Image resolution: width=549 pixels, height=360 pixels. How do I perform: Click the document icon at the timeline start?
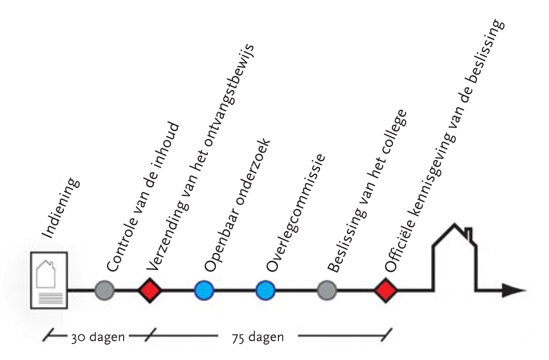[48, 280]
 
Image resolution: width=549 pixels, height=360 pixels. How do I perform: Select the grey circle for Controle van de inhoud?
[104, 291]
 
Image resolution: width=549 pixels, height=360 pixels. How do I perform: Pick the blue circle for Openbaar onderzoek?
[203, 291]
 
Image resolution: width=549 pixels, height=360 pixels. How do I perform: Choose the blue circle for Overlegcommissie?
[265, 291]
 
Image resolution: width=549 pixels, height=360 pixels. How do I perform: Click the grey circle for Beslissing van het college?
[326, 291]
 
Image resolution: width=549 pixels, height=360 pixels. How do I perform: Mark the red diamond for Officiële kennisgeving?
[386, 291]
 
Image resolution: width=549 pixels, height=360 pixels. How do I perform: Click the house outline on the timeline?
[454, 256]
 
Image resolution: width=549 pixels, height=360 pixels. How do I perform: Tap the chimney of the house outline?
[468, 233]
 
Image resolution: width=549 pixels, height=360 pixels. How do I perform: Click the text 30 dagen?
[97, 336]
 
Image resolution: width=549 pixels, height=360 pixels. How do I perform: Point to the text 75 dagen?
[258, 337]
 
